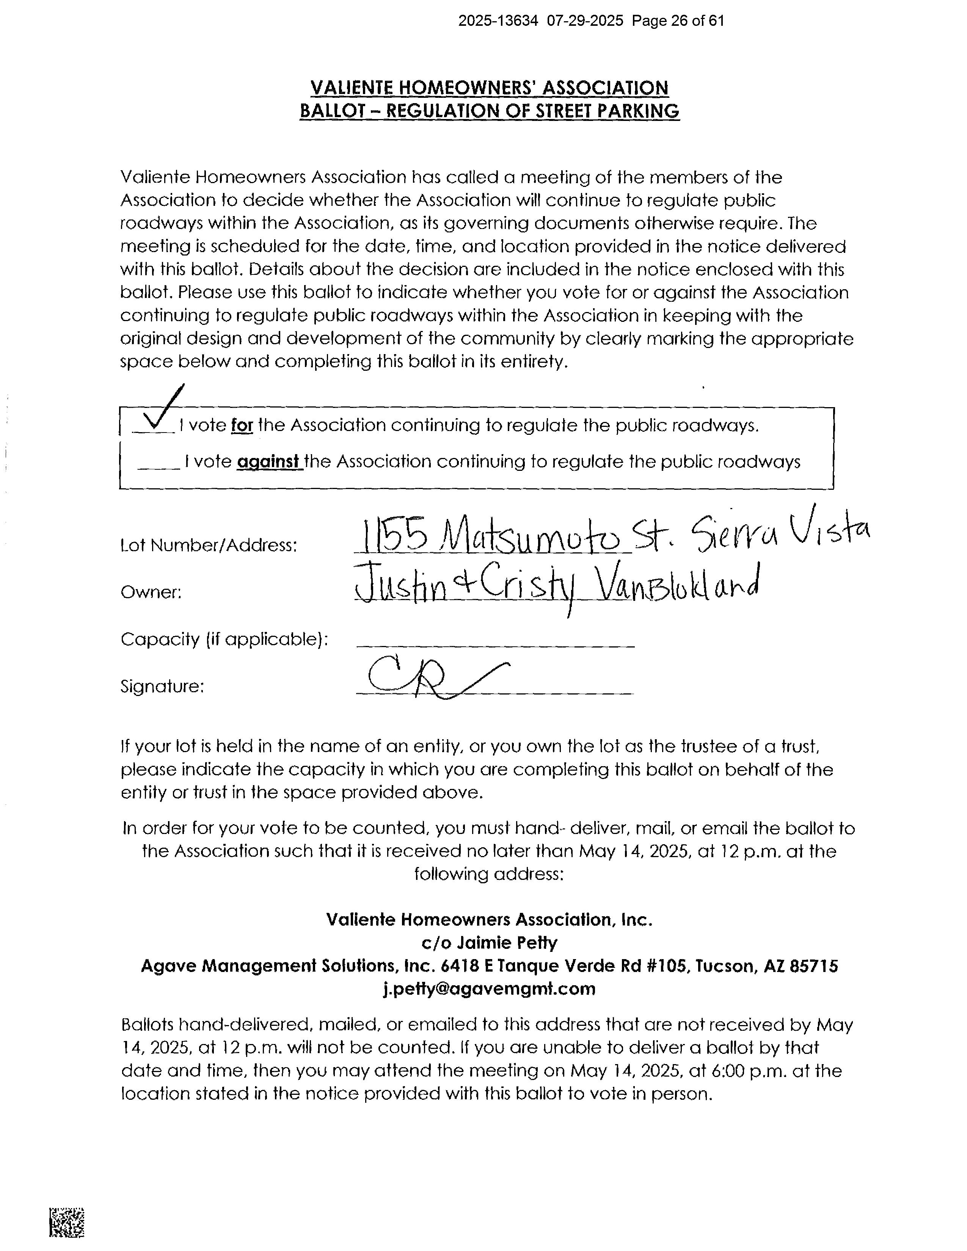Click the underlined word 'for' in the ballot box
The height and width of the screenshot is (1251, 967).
coord(242,426)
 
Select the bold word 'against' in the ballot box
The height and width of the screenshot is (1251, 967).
coord(269,462)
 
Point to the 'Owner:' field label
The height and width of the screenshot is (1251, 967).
coord(151,592)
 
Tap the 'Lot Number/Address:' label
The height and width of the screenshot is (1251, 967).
coord(209,545)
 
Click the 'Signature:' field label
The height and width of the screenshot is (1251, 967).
coord(162,686)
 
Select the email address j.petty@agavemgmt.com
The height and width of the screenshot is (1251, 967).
coord(489,989)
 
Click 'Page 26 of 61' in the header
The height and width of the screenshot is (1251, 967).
coord(678,21)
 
